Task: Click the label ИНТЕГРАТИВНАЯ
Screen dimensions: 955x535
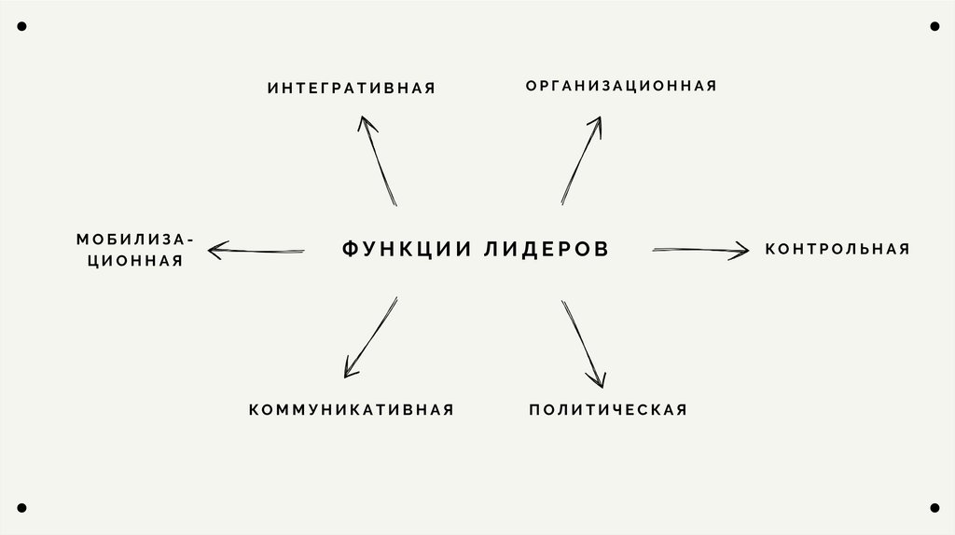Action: [x=352, y=89]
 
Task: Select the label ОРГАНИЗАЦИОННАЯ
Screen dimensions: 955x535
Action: [x=620, y=86]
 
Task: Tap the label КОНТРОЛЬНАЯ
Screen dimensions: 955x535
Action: [x=837, y=249]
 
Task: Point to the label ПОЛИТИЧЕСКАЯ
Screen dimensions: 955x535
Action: [x=608, y=410]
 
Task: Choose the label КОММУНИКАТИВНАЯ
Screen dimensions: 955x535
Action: [x=352, y=410]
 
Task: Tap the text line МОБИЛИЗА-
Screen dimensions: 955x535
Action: [x=136, y=240]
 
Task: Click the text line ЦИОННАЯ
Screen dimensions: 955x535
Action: [x=135, y=262]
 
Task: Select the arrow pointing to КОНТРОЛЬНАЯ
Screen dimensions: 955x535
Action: [x=699, y=249]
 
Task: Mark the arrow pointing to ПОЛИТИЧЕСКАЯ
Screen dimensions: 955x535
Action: [x=583, y=343]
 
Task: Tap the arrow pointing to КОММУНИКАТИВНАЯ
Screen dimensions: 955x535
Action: [x=371, y=336]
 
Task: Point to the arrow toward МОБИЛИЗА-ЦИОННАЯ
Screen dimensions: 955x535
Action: [x=256, y=250]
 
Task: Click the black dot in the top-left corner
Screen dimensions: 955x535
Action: [x=21, y=27]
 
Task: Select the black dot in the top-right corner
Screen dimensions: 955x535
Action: [x=934, y=27]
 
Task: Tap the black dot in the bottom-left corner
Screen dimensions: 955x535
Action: [x=21, y=508]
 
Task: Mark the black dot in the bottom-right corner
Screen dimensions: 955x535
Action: [x=934, y=508]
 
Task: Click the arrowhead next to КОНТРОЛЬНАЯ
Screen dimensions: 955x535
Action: [x=741, y=249]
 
